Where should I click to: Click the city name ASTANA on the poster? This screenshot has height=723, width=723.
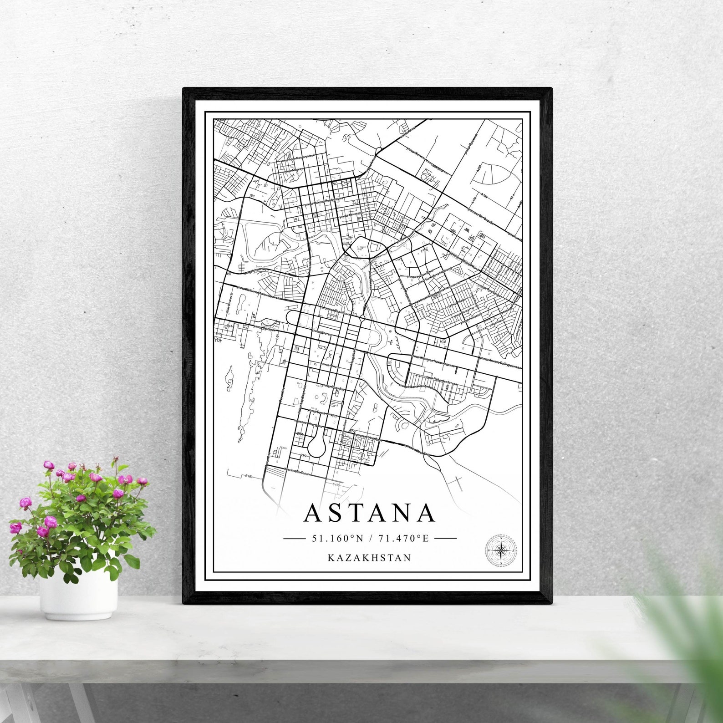coord(369,513)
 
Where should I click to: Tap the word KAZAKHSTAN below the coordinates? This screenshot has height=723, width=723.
coord(369,557)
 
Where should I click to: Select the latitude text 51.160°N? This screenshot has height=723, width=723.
coord(337,538)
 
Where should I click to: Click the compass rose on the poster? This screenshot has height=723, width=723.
coord(501,550)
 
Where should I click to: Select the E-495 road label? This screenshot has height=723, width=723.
coord(337,484)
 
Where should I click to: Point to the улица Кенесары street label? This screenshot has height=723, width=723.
coord(352,214)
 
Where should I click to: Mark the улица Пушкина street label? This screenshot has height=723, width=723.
coord(471,142)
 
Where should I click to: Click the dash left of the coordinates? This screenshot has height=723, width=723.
coord(294,538)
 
